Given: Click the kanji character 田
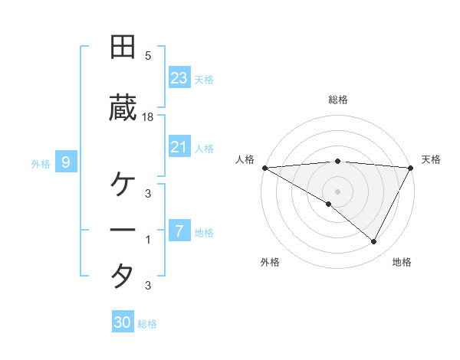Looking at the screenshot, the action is (123, 47).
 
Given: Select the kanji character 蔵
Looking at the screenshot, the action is (123, 110).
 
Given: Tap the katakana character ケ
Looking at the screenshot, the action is (123, 185).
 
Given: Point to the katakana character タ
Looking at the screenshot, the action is (123, 275).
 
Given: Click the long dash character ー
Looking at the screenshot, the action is (123, 230).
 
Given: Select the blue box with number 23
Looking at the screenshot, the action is (179, 78).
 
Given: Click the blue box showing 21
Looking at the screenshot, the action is (179, 147).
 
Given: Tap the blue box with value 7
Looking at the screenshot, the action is (179, 231).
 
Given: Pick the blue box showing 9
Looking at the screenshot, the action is (66, 162).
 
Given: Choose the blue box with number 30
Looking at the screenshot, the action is (123, 322).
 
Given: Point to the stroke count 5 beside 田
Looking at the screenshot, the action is (148, 55).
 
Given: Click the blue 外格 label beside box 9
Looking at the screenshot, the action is (41, 163).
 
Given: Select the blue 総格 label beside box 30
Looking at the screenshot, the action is (147, 324).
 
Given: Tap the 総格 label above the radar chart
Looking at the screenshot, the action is (338, 100).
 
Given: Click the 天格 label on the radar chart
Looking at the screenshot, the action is (432, 159).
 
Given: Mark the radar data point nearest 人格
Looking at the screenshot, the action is (264, 168).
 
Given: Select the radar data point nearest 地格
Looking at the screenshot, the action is (374, 241).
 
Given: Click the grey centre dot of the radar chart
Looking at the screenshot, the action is (338, 191).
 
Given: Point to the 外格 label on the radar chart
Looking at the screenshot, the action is (270, 262).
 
